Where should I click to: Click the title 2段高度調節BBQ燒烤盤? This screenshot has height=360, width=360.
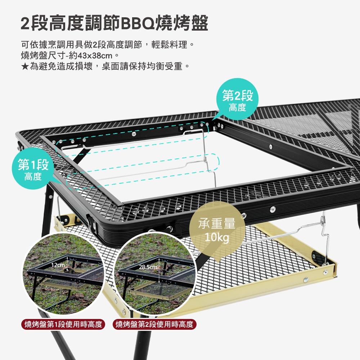click(114, 23)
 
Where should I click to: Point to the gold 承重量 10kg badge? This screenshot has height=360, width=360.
click(217, 230)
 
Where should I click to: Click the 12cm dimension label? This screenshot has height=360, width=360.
click(58, 265)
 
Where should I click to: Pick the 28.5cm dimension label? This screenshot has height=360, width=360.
click(148, 267)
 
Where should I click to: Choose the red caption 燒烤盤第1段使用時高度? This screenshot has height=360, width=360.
click(63, 324)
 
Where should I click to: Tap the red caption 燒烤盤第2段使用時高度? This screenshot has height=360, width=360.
click(154, 324)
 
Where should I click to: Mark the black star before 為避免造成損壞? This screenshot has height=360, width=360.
click(25, 67)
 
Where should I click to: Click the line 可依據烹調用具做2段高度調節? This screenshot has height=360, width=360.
click(81, 45)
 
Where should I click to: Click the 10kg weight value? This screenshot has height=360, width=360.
click(217, 237)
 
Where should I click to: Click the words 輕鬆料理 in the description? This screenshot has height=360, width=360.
click(169, 45)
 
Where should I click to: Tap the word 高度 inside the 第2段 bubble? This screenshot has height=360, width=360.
click(237, 107)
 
